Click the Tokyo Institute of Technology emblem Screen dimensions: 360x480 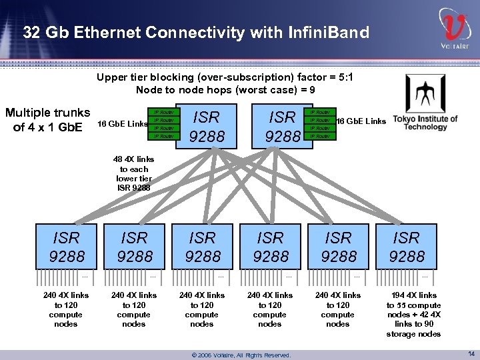(x=425, y=93)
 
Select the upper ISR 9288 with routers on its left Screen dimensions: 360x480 (x=205, y=127)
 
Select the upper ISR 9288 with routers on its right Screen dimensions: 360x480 (x=281, y=127)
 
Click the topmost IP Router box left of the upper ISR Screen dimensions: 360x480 (x=164, y=112)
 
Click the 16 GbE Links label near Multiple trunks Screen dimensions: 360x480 (x=123, y=124)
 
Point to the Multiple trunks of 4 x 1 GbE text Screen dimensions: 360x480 (x=47, y=119)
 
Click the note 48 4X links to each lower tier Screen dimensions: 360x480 (x=134, y=173)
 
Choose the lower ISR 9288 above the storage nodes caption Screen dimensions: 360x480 (x=406, y=247)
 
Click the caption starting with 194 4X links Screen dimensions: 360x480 (x=413, y=314)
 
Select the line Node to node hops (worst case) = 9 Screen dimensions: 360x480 (x=225, y=90)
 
